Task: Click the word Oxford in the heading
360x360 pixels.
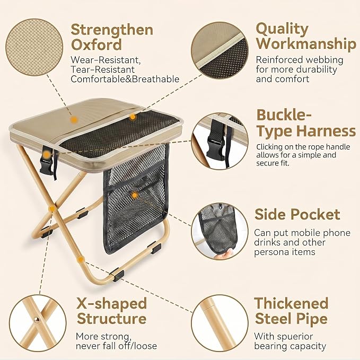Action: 96,45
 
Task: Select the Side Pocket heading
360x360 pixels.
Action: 297,214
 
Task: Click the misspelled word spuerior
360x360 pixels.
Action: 295,337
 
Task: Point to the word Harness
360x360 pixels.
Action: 326,131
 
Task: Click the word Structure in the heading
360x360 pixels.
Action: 111,319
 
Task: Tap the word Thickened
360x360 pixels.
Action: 292,303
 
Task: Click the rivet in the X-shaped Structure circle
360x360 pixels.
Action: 37,320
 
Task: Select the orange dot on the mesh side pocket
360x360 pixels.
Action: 135,196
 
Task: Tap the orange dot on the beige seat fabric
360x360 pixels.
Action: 74,119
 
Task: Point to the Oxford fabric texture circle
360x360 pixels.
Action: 34,47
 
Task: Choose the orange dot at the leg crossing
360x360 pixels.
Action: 52,208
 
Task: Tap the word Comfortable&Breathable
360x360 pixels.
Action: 125,79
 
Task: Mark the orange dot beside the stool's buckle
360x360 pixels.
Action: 47,154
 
